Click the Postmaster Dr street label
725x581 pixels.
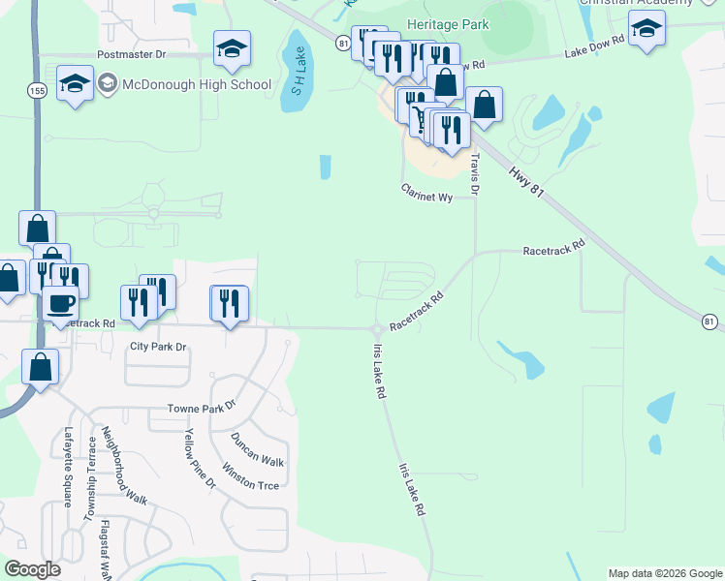(139, 55)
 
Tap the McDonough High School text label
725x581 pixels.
(197, 84)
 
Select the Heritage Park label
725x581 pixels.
(449, 24)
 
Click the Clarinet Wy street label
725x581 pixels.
(427, 197)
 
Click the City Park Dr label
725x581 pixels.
(157, 346)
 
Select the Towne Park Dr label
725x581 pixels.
(202, 407)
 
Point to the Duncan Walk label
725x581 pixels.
(257, 450)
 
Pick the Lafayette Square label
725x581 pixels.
(69, 468)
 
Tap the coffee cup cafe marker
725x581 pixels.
(60, 302)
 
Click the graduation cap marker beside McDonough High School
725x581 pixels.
(75, 83)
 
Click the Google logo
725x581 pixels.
(32, 569)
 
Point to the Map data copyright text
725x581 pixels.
(665, 573)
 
